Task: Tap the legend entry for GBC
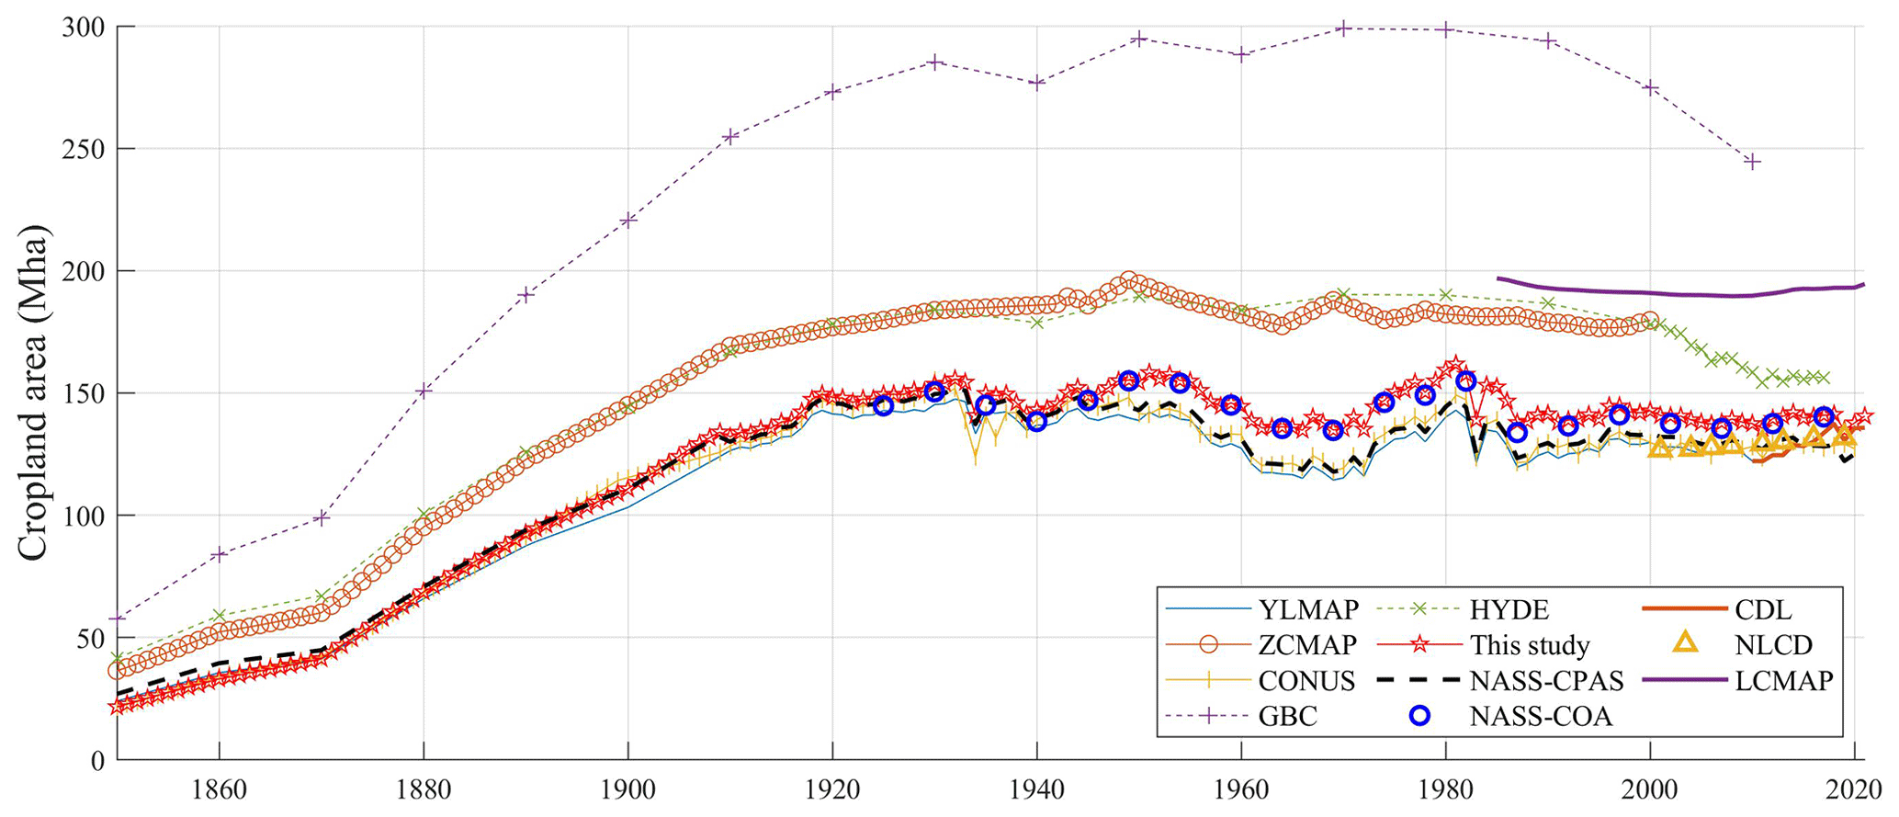click(x=1287, y=717)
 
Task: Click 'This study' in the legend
click(x=1529, y=646)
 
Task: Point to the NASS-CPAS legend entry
click(x=1546, y=682)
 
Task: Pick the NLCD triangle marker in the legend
click(x=1687, y=644)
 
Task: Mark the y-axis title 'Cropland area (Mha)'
click(x=33, y=393)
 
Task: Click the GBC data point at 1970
click(x=1343, y=28)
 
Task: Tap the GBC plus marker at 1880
click(x=424, y=391)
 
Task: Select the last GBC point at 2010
click(x=1752, y=162)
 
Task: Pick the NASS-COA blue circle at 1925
click(x=883, y=405)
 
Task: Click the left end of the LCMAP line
click(x=1498, y=278)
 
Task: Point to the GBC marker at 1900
click(x=628, y=220)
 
